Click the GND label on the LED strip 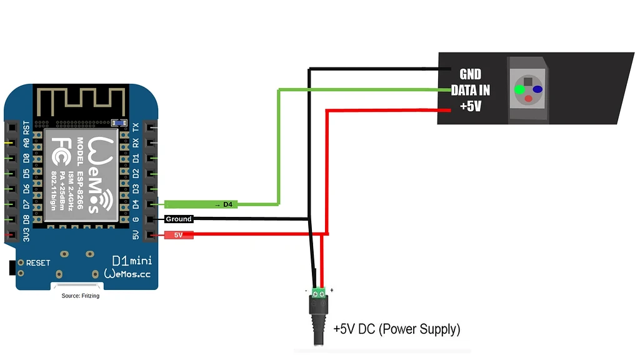tap(470, 74)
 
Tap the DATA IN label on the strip tap(471, 90)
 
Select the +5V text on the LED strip tap(471, 106)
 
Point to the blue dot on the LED tap(537, 89)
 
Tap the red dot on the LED tap(528, 99)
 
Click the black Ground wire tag tap(179, 219)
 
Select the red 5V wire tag tap(179, 235)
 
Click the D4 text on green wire tap(227, 204)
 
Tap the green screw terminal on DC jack tap(319, 291)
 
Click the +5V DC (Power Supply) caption tap(396, 328)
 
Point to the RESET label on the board tap(38, 262)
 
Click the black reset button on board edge tap(11, 267)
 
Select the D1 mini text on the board tap(131, 259)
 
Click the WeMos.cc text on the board tap(127, 274)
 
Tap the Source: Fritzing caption tap(80, 296)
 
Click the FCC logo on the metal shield tap(61, 147)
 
